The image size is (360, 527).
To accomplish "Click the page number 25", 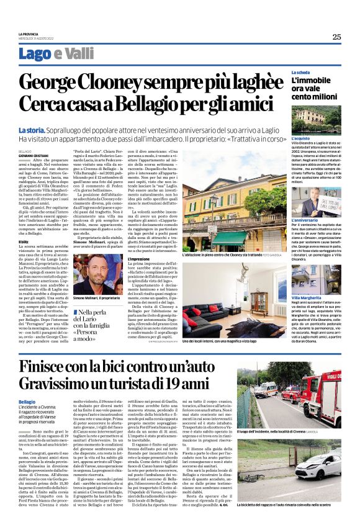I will pyautogui.click(x=336, y=37).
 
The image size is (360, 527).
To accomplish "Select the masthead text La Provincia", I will pyautogui.click(x=27, y=34).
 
